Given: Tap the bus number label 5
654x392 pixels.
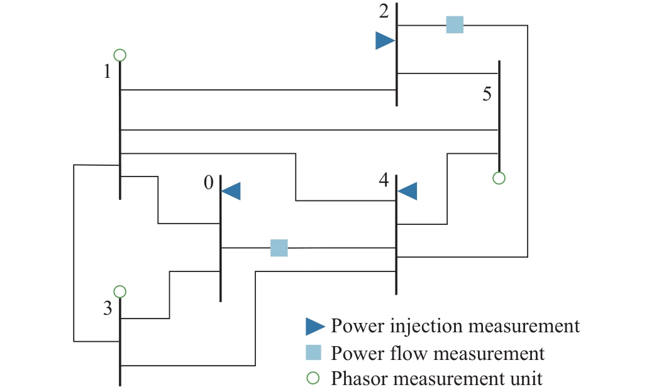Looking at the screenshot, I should click(486, 94).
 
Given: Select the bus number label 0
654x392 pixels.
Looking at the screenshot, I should click(209, 183).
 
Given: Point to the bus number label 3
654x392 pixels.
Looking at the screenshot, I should click(108, 309).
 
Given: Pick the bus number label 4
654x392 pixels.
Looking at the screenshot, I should click(384, 180).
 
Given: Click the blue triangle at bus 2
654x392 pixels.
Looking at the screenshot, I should click(384, 41).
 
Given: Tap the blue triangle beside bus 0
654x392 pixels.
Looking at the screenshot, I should click(232, 191).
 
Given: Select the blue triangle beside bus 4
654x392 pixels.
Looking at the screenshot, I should click(408, 191).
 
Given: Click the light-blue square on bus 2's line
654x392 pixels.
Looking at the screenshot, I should click(455, 25).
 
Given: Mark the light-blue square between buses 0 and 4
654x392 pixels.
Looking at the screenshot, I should click(279, 248).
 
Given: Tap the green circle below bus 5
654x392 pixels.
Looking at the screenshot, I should click(499, 178).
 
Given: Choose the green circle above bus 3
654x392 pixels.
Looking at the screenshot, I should click(120, 291).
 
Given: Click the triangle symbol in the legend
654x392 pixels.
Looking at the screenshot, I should click(314, 326).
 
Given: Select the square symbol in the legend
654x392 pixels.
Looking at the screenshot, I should click(314, 352).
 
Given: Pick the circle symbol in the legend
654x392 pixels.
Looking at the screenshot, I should click(314, 379).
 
